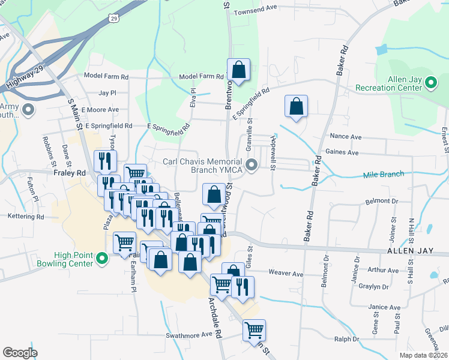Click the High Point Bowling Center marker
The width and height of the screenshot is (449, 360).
tap(101, 260)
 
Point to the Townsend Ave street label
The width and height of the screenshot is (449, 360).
tap(255, 11)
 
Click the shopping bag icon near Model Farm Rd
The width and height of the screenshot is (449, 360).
tap(238, 70)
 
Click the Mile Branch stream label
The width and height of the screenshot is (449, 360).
tap(384, 175)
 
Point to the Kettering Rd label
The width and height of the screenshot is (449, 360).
tap(26, 216)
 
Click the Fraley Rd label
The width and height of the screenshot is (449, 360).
tap(67, 172)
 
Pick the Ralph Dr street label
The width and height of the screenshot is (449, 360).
tap(346, 339)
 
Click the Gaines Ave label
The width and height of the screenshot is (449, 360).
tap(342, 152)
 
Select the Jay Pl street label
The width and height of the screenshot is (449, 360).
tap(107, 93)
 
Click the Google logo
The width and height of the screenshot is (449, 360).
tap(20, 352)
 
